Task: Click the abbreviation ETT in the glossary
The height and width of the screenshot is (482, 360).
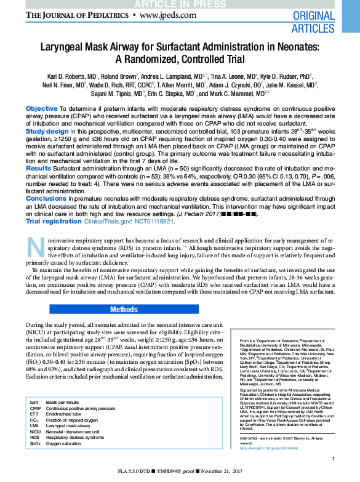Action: [34, 414]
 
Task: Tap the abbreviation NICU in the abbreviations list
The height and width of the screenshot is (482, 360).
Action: [36, 432]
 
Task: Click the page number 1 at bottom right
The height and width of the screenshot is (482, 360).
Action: [333, 459]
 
